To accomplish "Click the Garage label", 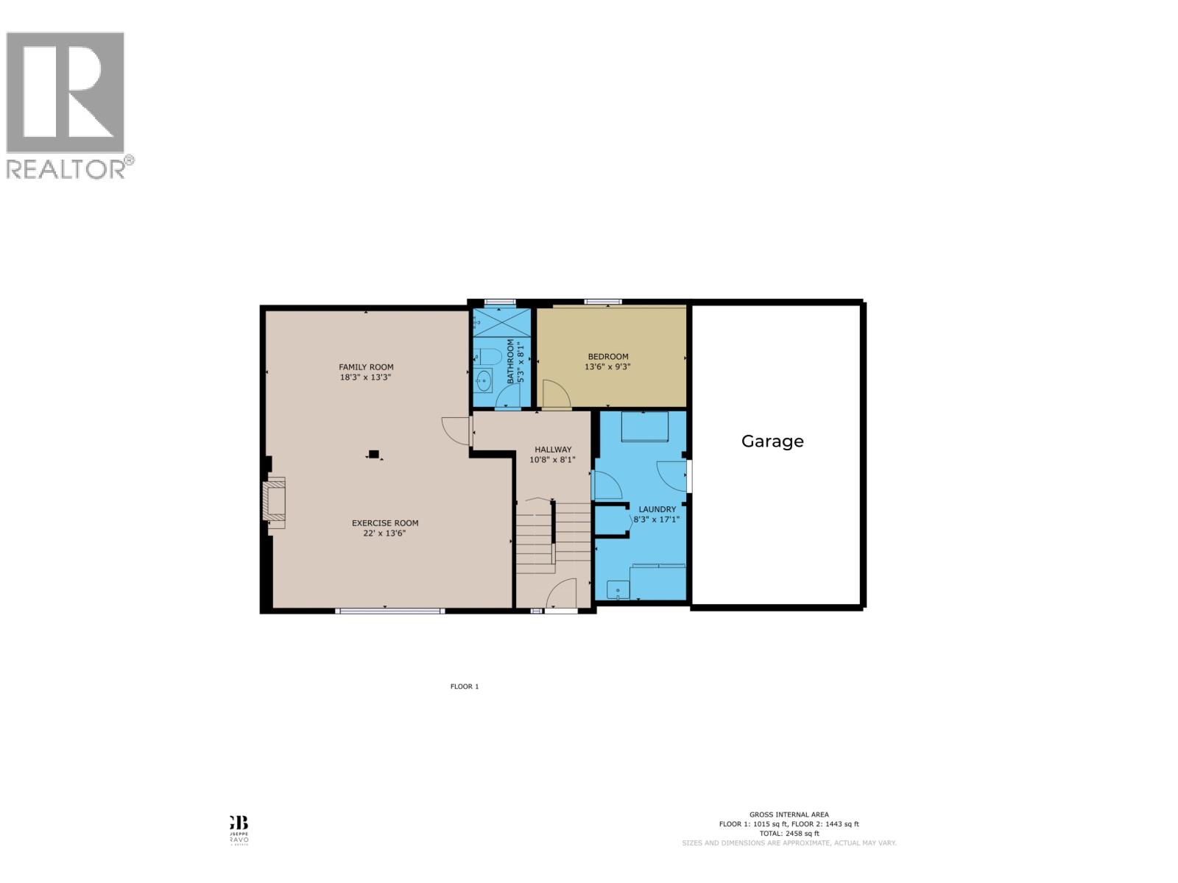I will click(x=772, y=441).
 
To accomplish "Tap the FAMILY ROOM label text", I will click(x=366, y=367).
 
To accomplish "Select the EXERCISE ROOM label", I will click(x=385, y=523).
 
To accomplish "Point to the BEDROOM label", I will click(x=608, y=357).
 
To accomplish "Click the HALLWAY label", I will click(x=553, y=450).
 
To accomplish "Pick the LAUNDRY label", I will click(x=657, y=509).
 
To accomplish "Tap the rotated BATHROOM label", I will click(x=510, y=361).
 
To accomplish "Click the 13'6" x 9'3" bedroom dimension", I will click(x=608, y=366).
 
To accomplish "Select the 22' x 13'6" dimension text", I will click(x=385, y=533).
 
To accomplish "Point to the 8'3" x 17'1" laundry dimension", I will click(x=657, y=519).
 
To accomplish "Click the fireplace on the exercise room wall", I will click(x=275, y=500).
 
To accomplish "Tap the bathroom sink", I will click(x=484, y=380).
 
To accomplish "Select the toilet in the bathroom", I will click(x=488, y=357).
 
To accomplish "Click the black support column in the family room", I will click(x=374, y=454).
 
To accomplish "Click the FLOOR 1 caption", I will click(x=465, y=687).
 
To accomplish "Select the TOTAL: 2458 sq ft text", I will click(x=789, y=834).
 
